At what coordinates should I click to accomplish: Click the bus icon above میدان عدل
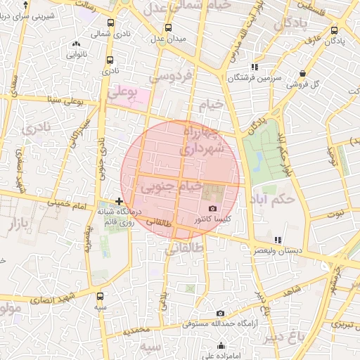(x=167, y=28)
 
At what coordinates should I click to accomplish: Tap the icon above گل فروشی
(x=302, y=73)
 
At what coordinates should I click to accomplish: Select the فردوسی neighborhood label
(x=169, y=75)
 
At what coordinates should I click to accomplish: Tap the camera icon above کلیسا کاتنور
(x=212, y=209)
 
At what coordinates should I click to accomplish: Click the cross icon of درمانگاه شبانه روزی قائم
(x=120, y=201)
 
